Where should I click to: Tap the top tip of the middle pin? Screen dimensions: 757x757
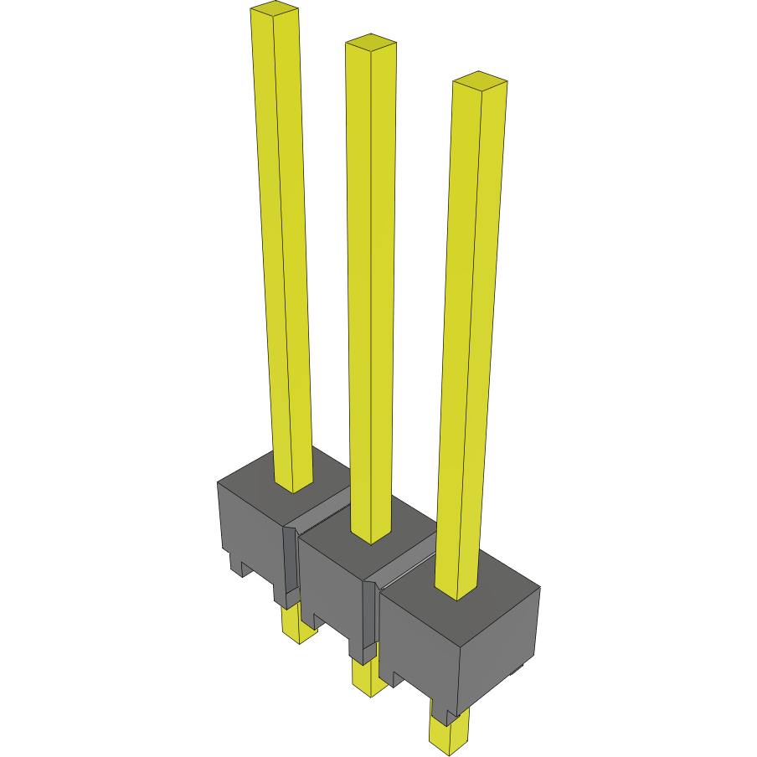click(x=371, y=43)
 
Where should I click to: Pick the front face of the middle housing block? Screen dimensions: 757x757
click(x=331, y=590)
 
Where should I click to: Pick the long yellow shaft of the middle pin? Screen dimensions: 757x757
click(x=370, y=293)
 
